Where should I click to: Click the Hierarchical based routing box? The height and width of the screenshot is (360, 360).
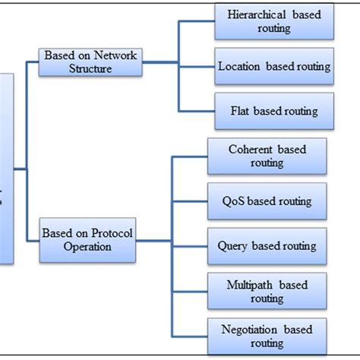[x=274, y=22]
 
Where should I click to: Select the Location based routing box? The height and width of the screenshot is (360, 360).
[x=274, y=67]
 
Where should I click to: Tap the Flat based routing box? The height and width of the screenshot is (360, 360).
[x=274, y=112]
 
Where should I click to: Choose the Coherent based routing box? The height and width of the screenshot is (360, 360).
[x=267, y=156]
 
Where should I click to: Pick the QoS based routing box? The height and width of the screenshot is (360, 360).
[x=267, y=202]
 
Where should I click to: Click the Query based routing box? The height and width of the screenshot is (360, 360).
[x=267, y=247]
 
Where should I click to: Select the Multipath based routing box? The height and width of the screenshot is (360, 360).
[x=267, y=292]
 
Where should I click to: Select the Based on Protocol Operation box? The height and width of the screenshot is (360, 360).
[x=87, y=240]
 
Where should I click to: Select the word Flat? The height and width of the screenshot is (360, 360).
[x=241, y=112]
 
